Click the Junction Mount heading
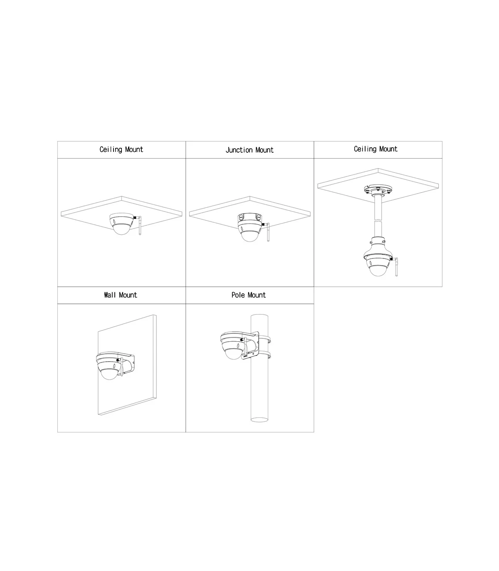(x=249, y=150)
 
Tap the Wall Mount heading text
(x=121, y=295)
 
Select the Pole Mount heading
(x=249, y=295)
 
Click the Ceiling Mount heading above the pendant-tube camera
(x=375, y=149)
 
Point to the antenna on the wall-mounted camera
(x=121, y=366)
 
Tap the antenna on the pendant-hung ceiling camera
(x=396, y=267)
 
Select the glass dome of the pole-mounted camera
(x=234, y=354)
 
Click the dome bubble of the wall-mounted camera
(x=110, y=374)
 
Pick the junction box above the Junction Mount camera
(x=249, y=217)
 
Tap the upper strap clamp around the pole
(x=265, y=340)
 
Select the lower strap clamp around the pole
(x=265, y=355)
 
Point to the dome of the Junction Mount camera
(x=249, y=236)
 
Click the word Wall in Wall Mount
(x=110, y=295)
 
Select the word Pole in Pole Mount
(x=238, y=295)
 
